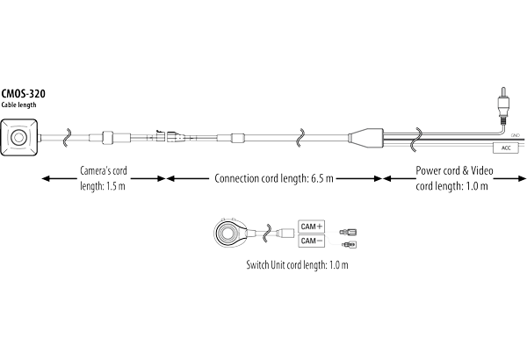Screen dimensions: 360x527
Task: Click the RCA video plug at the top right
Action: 502,104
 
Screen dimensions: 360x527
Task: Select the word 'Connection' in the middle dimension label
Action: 242,178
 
